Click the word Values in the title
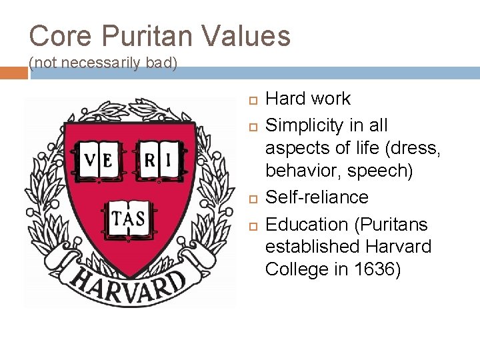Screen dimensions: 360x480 tap(246, 36)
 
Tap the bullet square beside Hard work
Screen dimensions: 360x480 tap(253, 99)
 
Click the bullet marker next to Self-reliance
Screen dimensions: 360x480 tap(253, 198)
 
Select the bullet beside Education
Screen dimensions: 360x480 tap(253, 225)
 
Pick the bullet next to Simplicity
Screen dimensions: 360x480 tap(253, 126)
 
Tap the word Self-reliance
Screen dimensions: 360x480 tap(317, 197)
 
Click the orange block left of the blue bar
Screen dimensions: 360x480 tap(14, 72)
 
